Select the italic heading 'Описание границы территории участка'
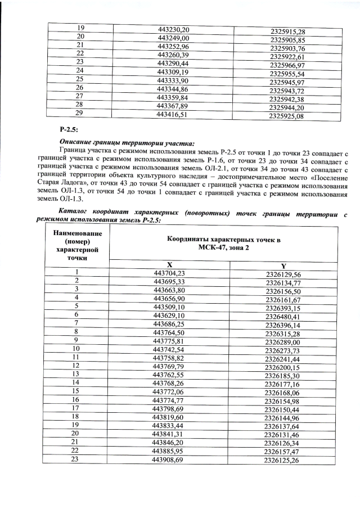(127, 143)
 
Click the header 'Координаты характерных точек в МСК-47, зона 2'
(223, 242)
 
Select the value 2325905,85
(287, 40)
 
